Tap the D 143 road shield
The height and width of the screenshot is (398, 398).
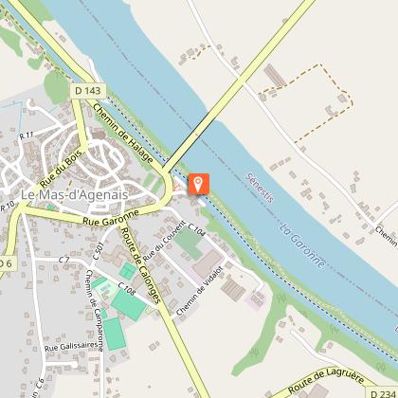pos(86,91)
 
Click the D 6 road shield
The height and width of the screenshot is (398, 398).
pos(7,262)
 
